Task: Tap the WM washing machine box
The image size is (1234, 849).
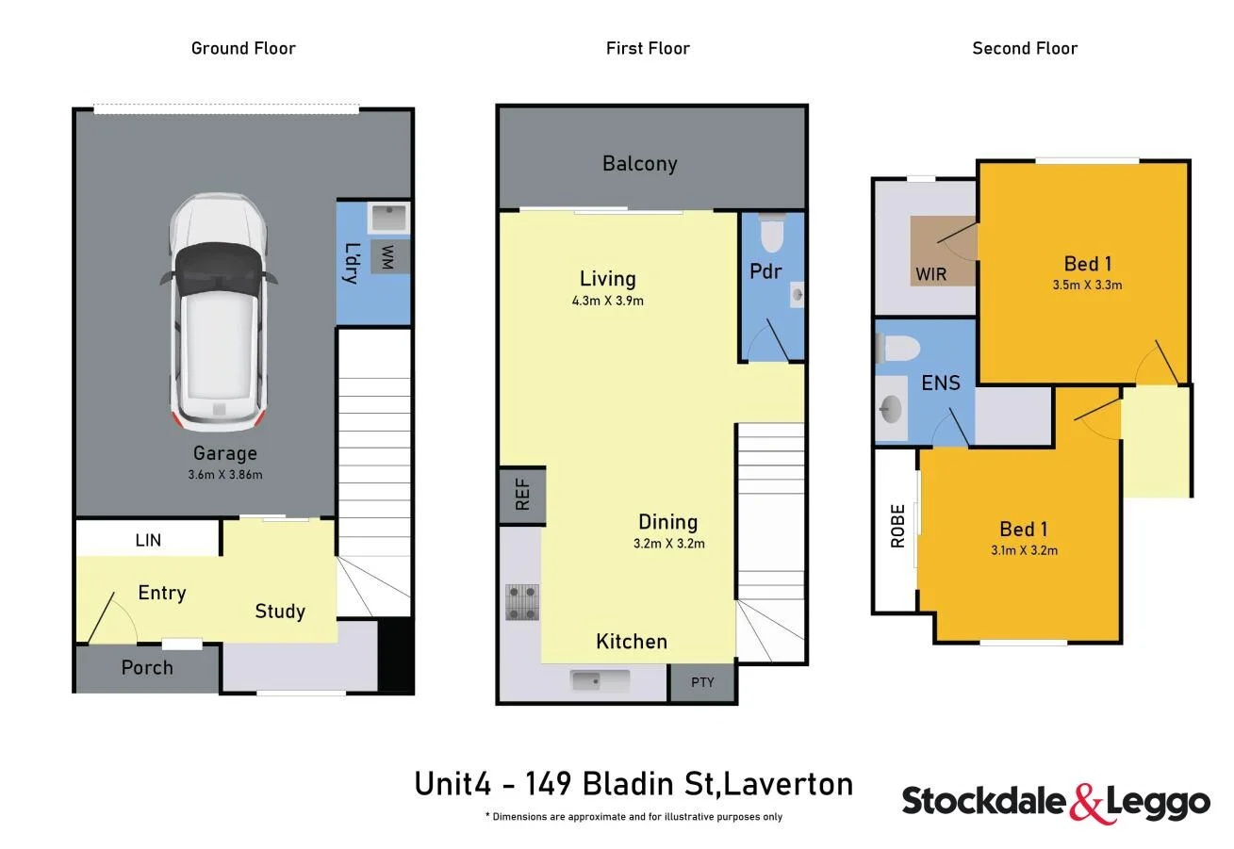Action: coord(387,256)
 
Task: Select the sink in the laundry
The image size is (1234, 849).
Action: coord(387,218)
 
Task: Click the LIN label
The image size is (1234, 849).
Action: coord(148,540)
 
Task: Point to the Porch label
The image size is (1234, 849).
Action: coord(147,668)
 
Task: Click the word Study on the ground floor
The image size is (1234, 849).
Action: coord(280,612)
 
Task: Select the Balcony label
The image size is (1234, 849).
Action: coord(639,164)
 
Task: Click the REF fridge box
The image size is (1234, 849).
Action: coord(522,496)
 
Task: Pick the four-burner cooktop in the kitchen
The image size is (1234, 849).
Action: coord(522,602)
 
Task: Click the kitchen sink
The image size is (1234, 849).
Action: coord(600,679)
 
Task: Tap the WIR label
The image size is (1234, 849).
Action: coord(930,275)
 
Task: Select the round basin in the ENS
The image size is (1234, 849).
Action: coord(889,410)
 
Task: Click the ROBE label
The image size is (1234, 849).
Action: coord(897,526)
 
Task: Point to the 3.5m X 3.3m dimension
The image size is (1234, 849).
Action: coord(1087,285)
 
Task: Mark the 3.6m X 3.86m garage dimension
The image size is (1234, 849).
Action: coord(224,475)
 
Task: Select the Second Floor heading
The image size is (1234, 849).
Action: coord(1025,48)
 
